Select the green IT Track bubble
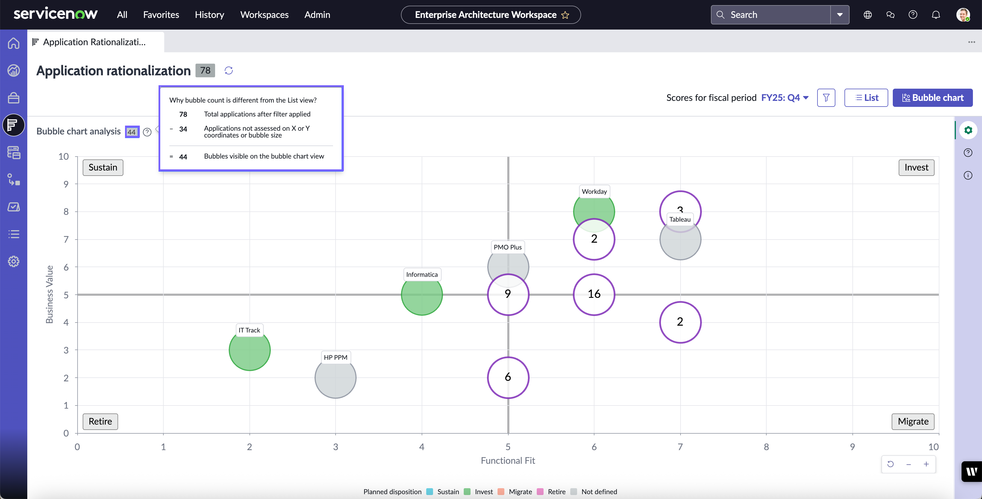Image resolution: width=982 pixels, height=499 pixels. tap(250, 350)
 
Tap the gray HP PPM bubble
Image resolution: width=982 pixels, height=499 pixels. tap(336, 377)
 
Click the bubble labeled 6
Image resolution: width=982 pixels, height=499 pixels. tap(508, 377)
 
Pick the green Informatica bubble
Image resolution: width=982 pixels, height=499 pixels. tap(422, 295)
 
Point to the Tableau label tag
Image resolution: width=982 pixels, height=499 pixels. tap(680, 219)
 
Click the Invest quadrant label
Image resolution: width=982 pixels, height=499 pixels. tap(916, 167)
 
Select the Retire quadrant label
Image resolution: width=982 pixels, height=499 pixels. tap(100, 421)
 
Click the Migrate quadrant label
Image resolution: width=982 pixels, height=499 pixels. tap(913, 421)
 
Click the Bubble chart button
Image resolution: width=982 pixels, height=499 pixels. tap(933, 97)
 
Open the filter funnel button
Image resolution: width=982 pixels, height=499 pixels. tap(826, 97)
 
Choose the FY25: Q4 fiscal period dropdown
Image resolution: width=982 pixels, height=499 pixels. tap(785, 97)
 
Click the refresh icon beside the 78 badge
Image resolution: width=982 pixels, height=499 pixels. tap(229, 70)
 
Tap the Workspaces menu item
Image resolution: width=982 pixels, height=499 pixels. tap(264, 14)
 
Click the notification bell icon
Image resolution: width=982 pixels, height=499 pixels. tap(936, 14)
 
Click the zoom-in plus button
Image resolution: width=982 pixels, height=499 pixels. tap(926, 464)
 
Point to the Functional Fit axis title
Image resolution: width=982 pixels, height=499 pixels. tap(508, 461)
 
